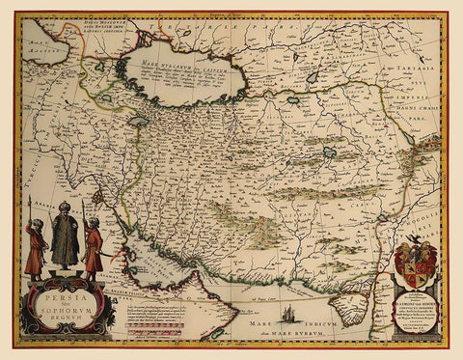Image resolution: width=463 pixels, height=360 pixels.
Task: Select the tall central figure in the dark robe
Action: pos(66,241)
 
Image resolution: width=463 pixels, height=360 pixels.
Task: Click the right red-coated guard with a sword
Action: pos(93,247)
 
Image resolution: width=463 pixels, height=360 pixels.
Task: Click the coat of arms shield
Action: pos(417,264)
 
